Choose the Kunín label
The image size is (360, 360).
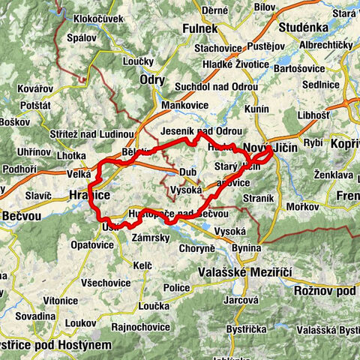pyautogui.click(x=256, y=109)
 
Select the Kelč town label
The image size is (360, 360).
pyautogui.click(x=143, y=265)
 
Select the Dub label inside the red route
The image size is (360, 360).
pyautogui.click(x=189, y=171)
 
